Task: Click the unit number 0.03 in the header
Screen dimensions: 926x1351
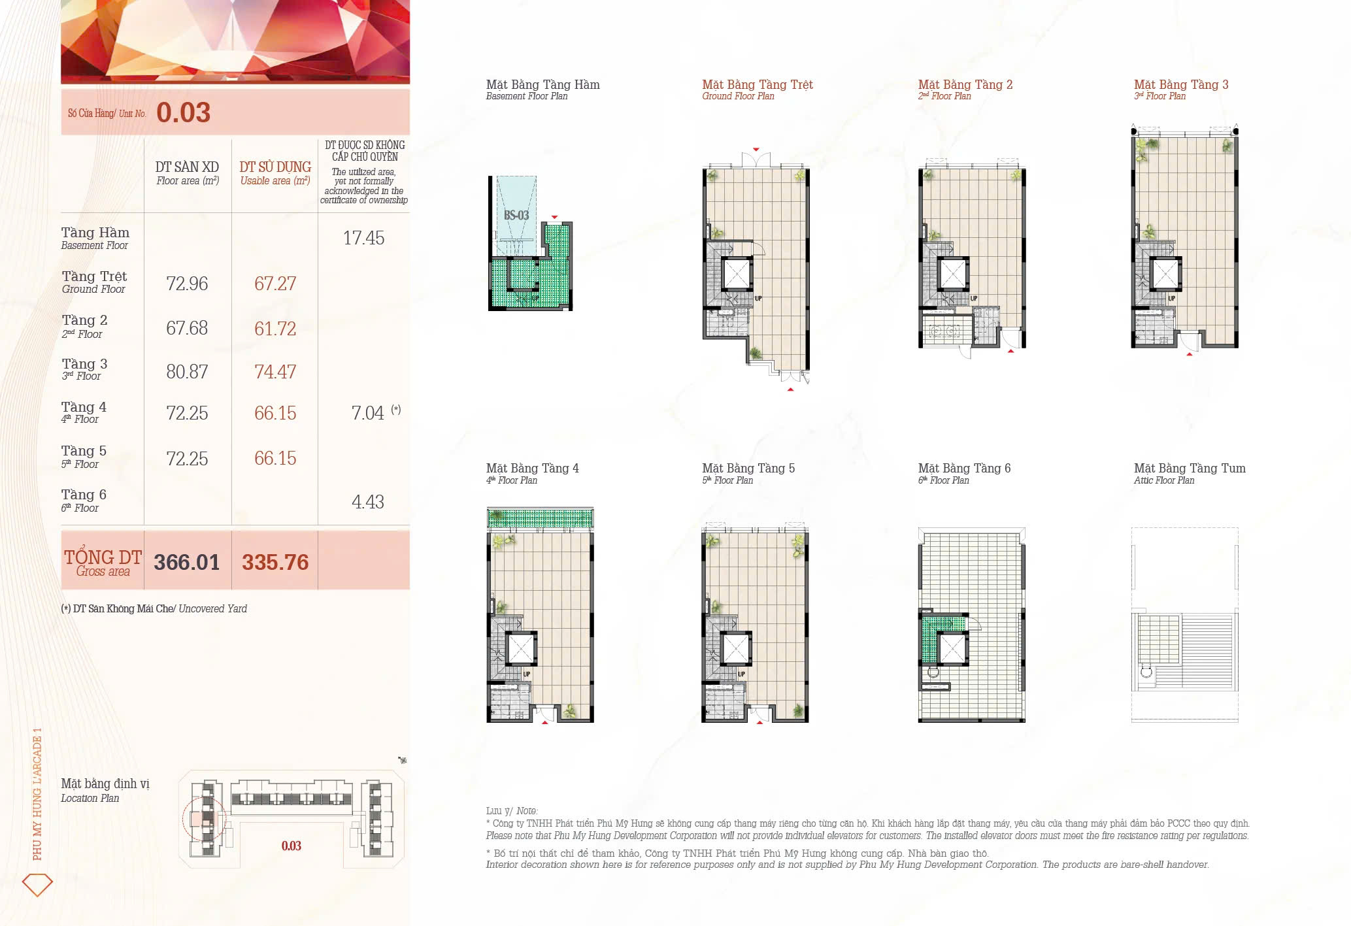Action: click(183, 112)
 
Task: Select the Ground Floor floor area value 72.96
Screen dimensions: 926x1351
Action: click(187, 284)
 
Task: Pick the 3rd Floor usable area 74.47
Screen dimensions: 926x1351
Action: click(275, 372)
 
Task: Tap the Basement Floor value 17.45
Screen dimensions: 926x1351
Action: click(363, 238)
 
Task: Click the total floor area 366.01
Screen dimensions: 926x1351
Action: click(187, 562)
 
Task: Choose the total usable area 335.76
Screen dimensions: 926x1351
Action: click(275, 562)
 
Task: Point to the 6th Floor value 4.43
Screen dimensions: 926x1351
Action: click(367, 502)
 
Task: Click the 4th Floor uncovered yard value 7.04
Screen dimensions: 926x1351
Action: click(367, 413)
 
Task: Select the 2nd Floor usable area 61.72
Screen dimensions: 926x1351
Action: click(275, 328)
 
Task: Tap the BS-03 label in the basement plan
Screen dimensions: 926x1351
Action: click(516, 215)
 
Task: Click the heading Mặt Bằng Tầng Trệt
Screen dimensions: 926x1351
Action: click(757, 84)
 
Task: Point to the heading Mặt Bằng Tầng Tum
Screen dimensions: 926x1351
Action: click(1189, 468)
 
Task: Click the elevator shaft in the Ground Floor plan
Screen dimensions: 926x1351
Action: click(737, 274)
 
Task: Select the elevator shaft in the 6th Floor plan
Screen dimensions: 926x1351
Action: click(952, 649)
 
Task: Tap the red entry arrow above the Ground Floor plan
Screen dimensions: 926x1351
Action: click(756, 150)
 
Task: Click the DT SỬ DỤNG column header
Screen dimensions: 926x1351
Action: click(275, 167)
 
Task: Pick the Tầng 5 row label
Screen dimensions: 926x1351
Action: click(84, 451)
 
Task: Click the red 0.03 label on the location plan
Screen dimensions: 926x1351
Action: click(291, 846)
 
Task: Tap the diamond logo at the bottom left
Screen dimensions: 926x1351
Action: click(37, 884)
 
